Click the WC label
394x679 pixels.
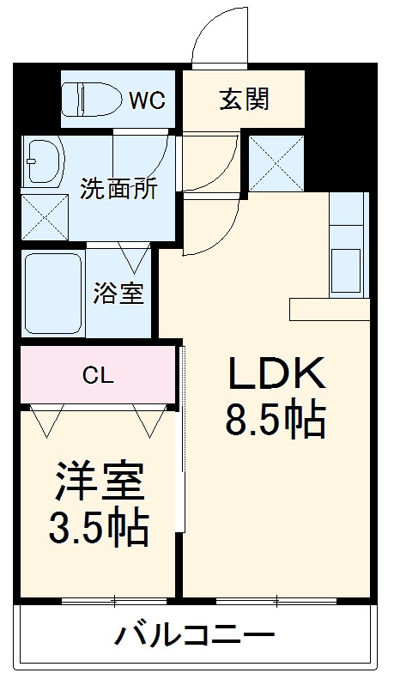tap(148, 100)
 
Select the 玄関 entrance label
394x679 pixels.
tap(244, 99)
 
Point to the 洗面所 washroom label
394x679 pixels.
tap(118, 189)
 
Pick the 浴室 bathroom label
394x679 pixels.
tap(118, 294)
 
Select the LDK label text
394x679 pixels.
tap(275, 374)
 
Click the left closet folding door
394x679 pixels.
tap(45, 418)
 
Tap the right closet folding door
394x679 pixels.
tap(149, 418)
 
